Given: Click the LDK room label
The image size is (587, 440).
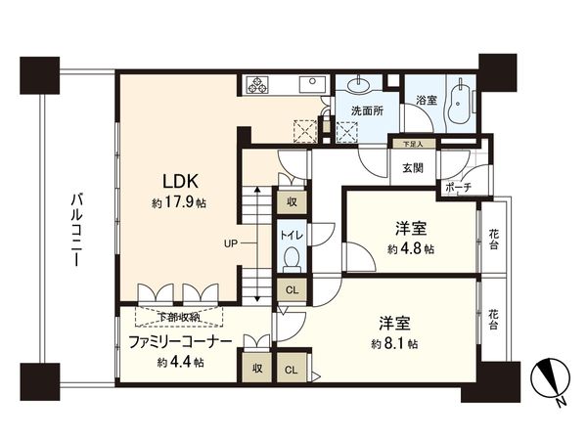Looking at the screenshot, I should click(182, 181).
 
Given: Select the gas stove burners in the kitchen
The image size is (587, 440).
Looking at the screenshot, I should click(260, 85).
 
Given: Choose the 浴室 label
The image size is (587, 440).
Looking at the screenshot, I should click(425, 100).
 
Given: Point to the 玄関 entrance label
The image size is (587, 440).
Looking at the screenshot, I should click(412, 166).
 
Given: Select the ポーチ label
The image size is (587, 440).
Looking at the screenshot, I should click(456, 186).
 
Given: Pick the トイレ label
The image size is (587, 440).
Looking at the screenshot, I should click(292, 236).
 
